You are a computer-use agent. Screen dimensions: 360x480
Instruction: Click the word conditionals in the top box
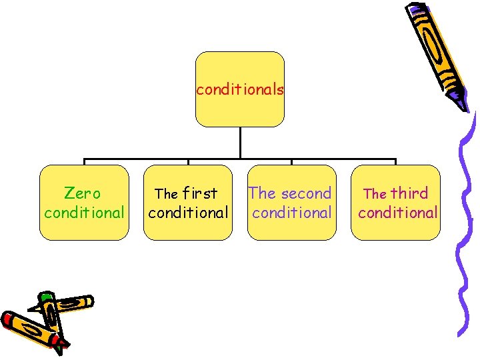tap(240, 89)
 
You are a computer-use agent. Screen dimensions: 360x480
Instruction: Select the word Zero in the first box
tap(83, 193)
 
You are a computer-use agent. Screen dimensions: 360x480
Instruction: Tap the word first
tap(200, 193)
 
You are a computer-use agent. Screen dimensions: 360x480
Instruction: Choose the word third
tap(409, 193)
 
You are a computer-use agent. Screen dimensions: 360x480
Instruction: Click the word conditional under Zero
tap(84, 213)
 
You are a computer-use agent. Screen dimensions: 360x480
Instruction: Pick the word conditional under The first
tap(188, 213)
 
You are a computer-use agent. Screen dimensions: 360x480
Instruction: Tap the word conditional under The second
tap(292, 213)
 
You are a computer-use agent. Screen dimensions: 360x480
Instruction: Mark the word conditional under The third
tap(398, 213)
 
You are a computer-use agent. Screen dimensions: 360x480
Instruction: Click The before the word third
tap(375, 194)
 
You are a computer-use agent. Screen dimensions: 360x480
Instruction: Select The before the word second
tap(262, 193)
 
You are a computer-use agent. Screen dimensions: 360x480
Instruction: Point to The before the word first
tap(166, 194)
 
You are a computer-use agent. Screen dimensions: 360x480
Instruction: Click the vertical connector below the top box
tap(240, 143)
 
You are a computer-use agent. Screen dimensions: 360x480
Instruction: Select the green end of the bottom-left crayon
tap(45, 295)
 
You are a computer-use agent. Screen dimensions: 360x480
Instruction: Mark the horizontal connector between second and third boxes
tap(344, 160)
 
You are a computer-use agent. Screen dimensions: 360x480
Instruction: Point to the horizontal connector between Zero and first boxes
tap(136, 160)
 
